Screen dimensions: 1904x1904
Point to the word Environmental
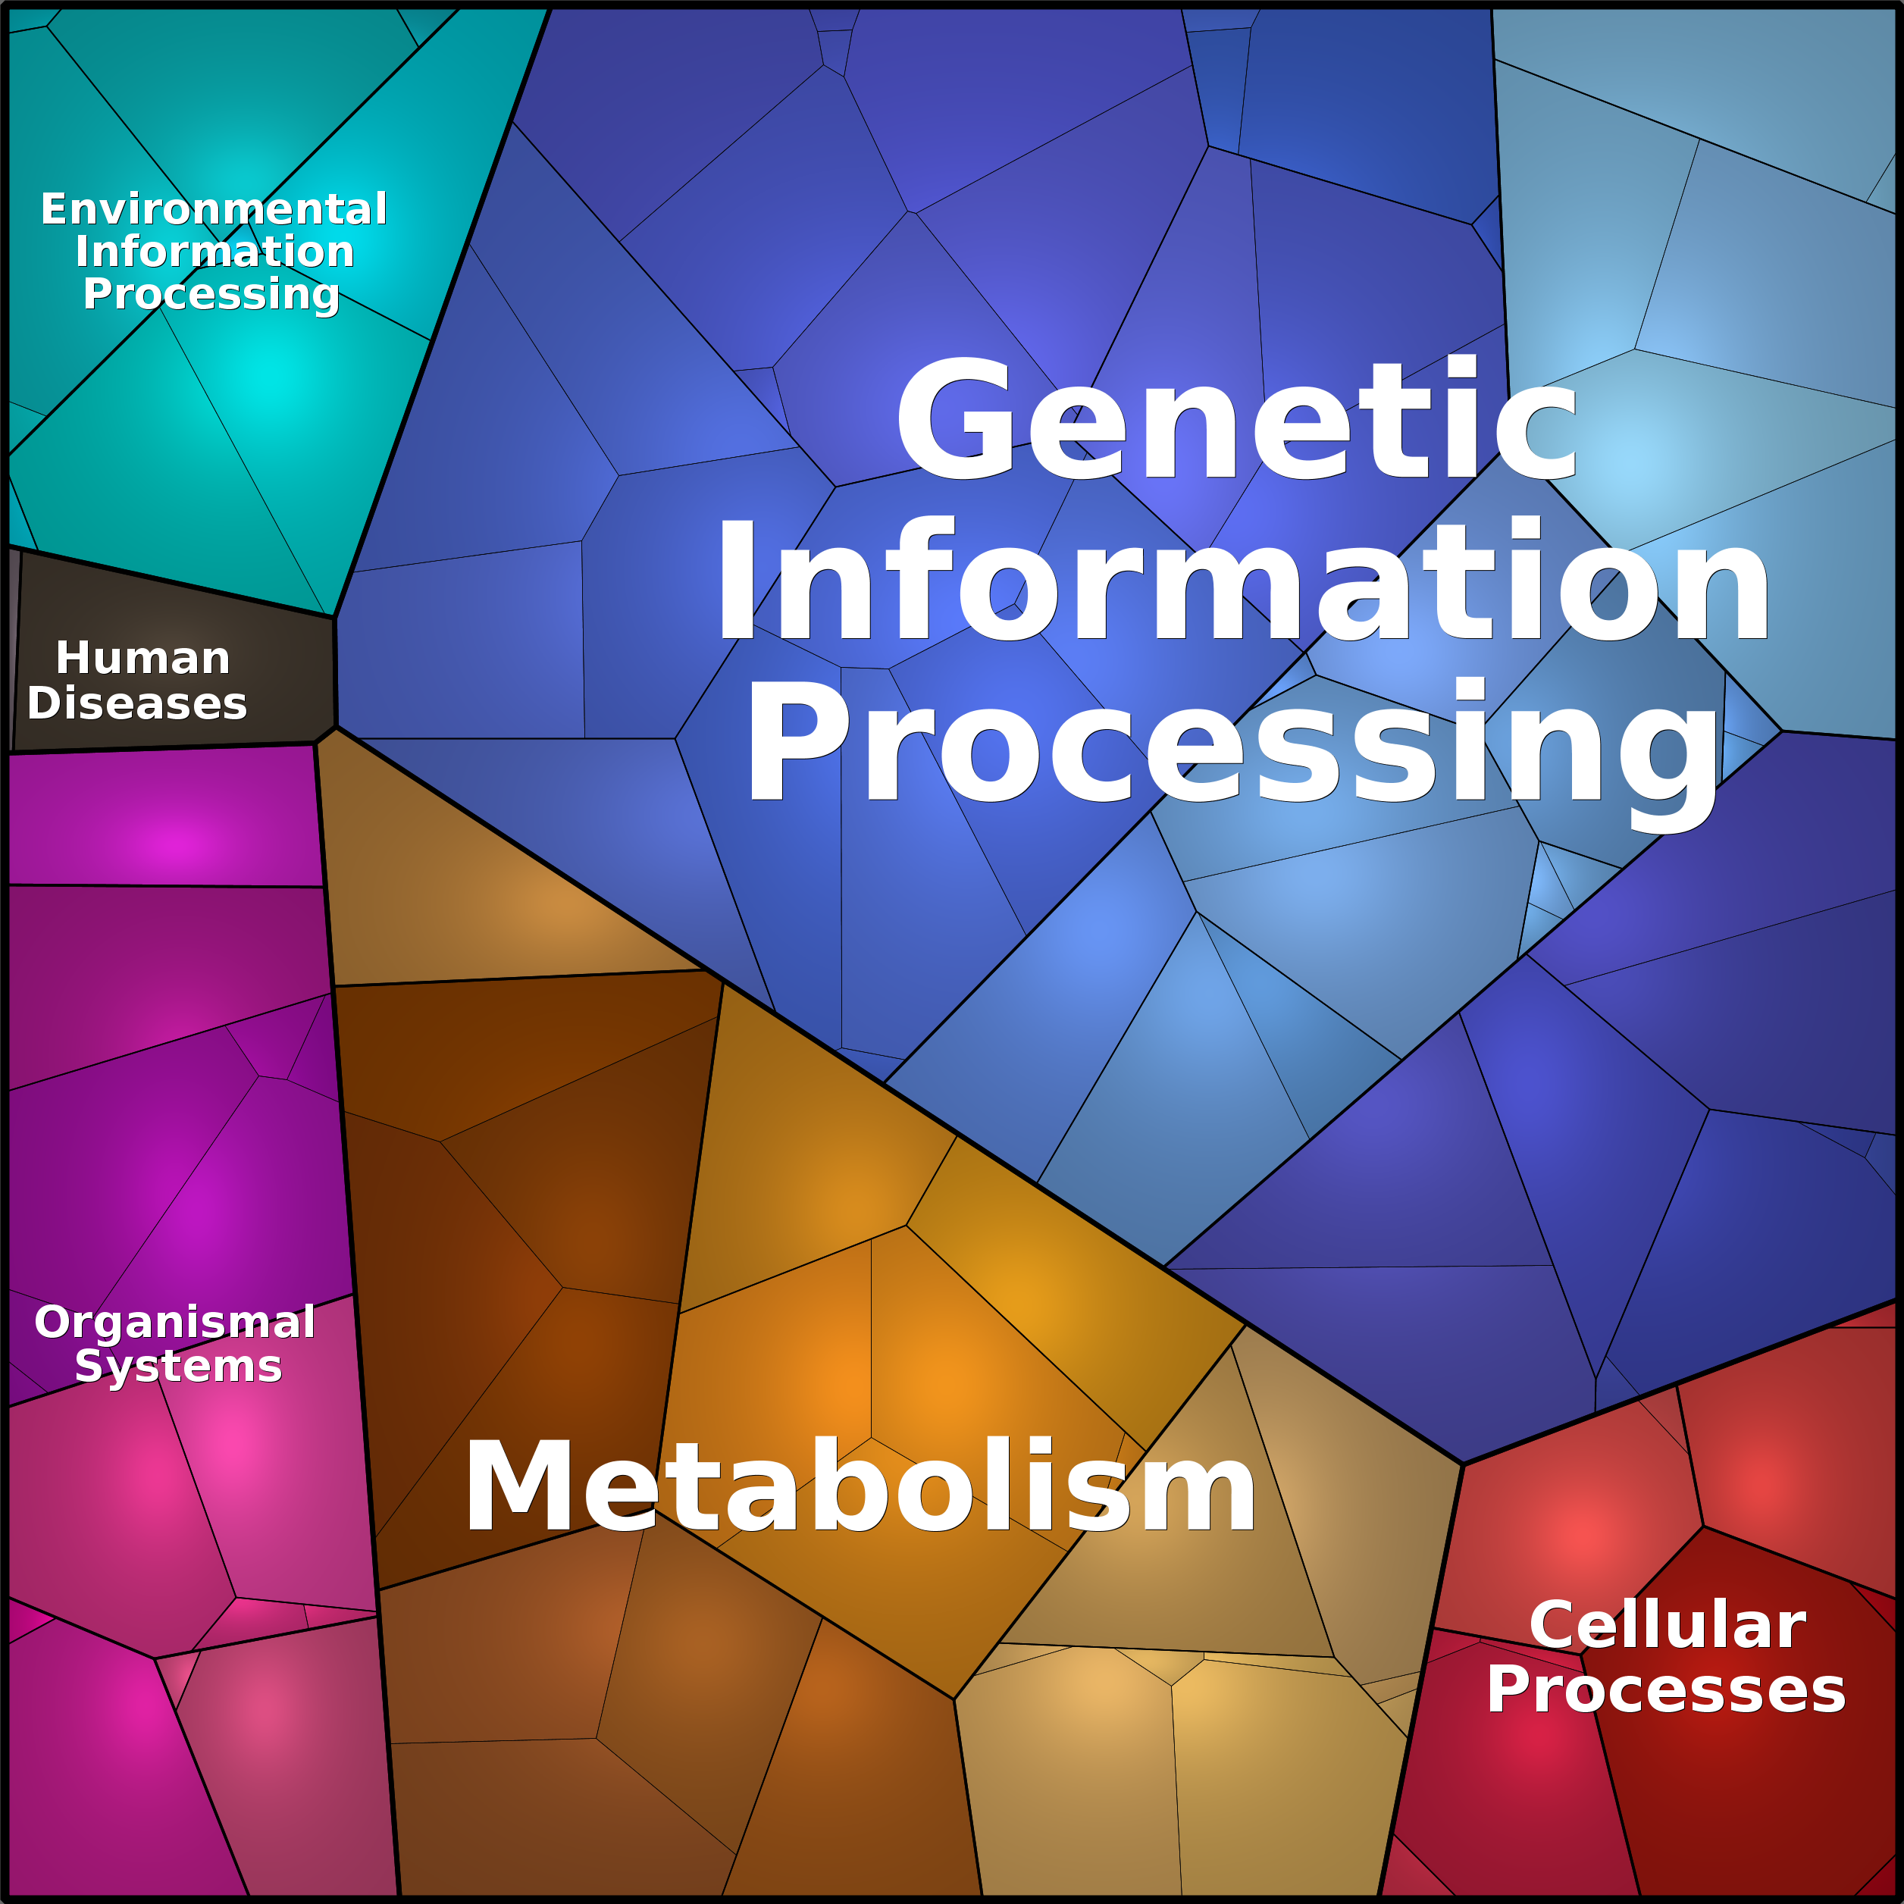[214, 209]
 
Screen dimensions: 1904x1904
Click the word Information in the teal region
[215, 252]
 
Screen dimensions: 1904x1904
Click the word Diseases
[137, 703]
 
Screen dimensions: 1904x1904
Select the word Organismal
[174, 1323]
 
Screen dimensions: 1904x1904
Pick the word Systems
[178, 1367]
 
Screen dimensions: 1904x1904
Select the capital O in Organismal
[55, 1323]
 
